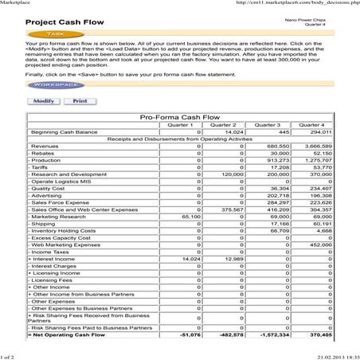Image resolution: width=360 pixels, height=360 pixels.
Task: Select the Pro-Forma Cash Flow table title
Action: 180,117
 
